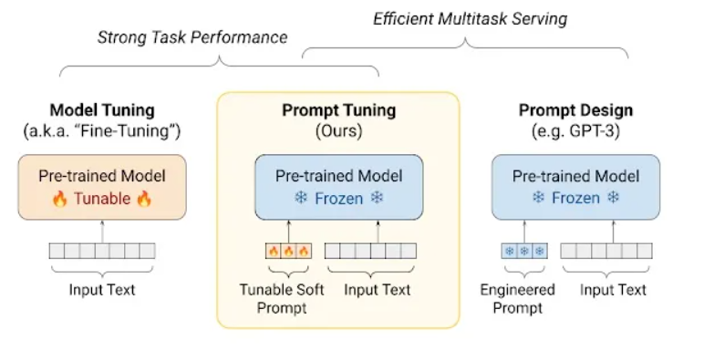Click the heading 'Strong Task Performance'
[x=192, y=37]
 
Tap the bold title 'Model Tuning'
[x=102, y=111]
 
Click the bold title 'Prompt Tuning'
[x=338, y=111]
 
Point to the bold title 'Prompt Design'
[x=575, y=111]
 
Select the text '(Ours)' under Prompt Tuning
[x=338, y=131]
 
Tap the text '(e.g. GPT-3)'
[x=575, y=131]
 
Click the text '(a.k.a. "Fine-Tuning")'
[x=102, y=131]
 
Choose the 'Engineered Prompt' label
[x=517, y=299]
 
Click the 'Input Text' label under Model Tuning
[x=102, y=290]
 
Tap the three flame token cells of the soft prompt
[x=287, y=251]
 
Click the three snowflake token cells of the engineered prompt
[x=523, y=251]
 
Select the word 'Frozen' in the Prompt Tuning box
[x=338, y=199]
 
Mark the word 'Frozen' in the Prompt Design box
[x=575, y=199]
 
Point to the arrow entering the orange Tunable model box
[x=102, y=231]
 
